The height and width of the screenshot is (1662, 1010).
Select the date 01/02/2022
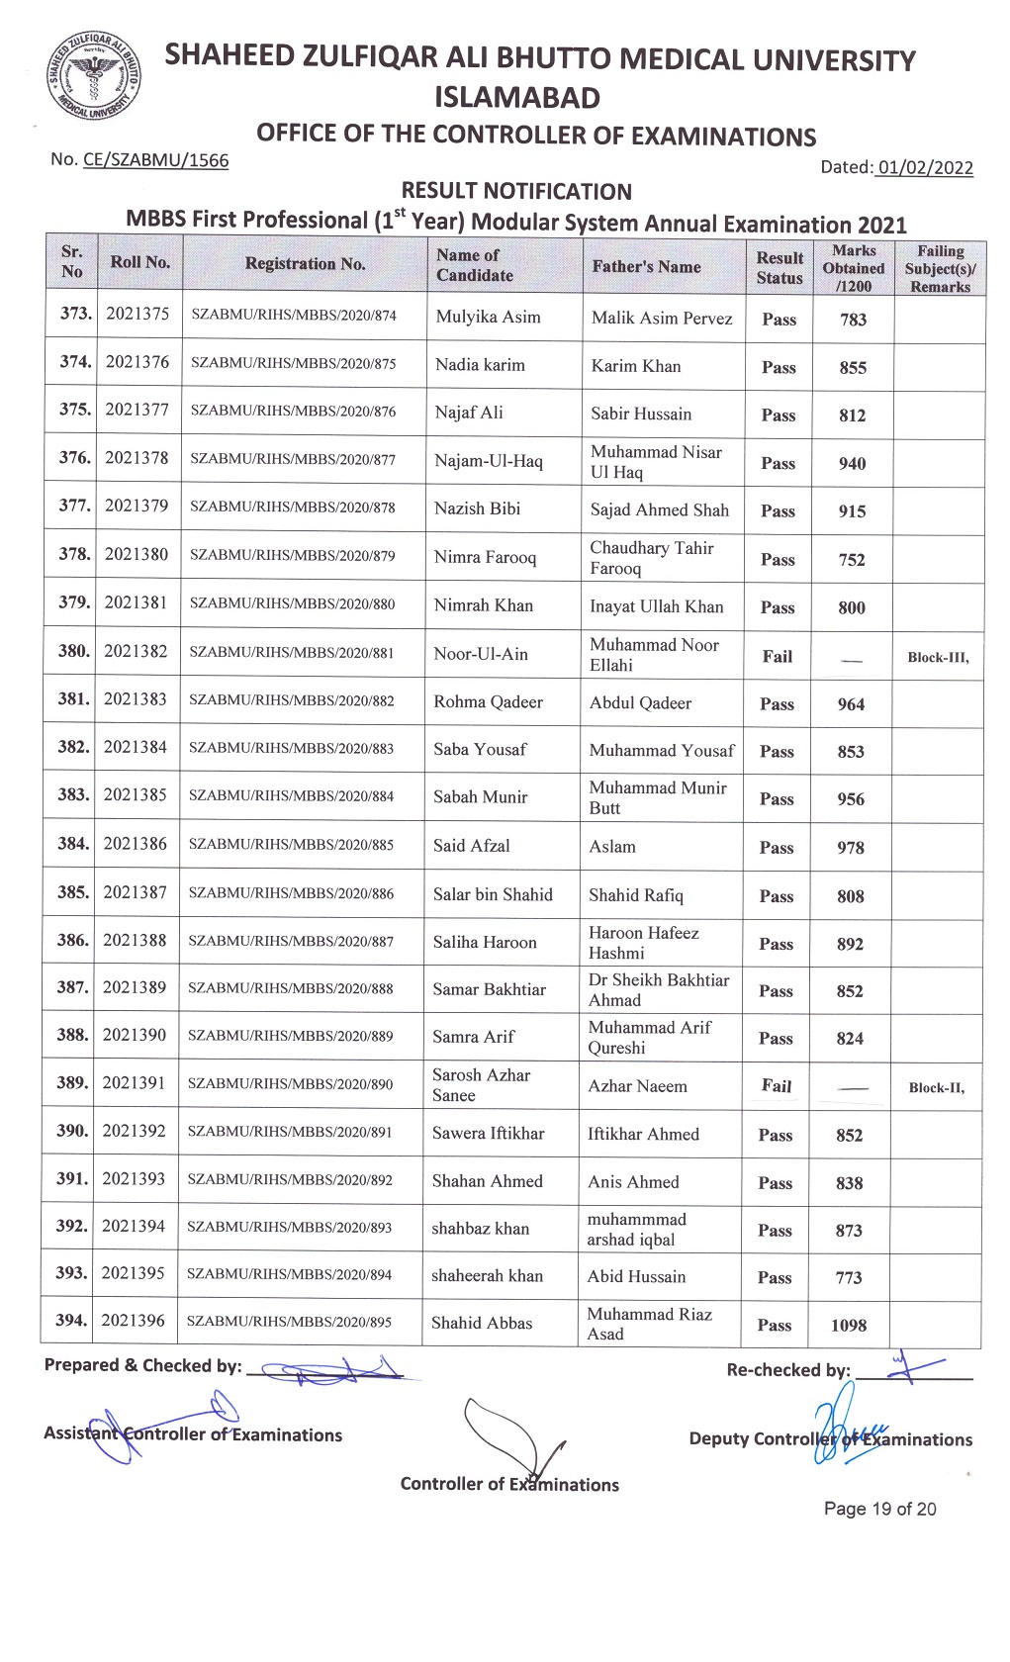[924, 167]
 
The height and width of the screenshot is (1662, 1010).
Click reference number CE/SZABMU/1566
[155, 160]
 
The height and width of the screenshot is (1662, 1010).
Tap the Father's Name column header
[646, 266]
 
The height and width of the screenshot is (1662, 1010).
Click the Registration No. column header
[305, 264]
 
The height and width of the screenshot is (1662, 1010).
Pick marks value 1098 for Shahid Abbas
[849, 1325]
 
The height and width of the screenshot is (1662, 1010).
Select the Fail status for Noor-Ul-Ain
[778, 656]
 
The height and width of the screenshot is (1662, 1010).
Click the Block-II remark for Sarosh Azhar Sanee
[936, 1087]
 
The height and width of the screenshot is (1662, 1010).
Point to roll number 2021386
[136, 844]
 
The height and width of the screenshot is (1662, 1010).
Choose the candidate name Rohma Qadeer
[488, 701]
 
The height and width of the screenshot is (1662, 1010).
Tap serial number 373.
[75, 314]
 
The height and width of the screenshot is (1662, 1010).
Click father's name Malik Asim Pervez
[662, 318]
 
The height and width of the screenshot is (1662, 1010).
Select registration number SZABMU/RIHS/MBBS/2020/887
[291, 941]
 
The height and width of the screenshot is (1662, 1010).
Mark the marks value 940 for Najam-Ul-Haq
[852, 463]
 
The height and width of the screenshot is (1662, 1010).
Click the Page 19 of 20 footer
[879, 1509]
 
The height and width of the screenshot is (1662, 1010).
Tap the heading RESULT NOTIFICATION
[516, 191]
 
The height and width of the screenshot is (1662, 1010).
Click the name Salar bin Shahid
[493, 894]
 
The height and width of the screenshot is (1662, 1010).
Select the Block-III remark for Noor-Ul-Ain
[938, 657]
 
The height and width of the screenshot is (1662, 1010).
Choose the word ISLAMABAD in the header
[517, 98]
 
